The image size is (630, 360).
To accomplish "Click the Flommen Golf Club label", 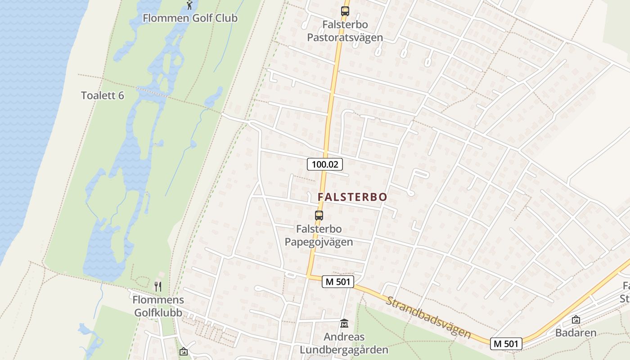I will pyautogui.click(x=190, y=18).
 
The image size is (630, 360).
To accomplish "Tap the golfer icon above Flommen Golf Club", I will pyautogui.click(x=190, y=5).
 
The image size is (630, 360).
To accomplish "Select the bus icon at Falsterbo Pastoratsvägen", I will pyautogui.click(x=345, y=11).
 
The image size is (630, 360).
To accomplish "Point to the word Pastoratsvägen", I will pyautogui.click(x=345, y=37).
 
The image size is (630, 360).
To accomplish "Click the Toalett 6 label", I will pyautogui.click(x=102, y=95).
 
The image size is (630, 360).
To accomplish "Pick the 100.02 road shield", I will pyautogui.click(x=325, y=164).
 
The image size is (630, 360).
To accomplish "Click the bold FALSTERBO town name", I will pyautogui.click(x=352, y=197).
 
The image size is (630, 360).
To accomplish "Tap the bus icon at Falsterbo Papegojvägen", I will pyautogui.click(x=319, y=215).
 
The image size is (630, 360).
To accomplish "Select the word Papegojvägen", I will pyautogui.click(x=319, y=242).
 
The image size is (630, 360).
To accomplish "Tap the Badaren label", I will pyautogui.click(x=576, y=333).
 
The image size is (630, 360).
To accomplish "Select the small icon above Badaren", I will pyautogui.click(x=576, y=319).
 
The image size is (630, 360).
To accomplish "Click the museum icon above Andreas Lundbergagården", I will pyautogui.click(x=344, y=323).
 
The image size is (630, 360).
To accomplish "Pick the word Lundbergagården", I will pyautogui.click(x=344, y=350).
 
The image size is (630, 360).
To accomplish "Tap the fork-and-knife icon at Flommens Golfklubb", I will pyautogui.click(x=158, y=286).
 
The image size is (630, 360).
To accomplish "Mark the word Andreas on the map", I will pyautogui.click(x=344, y=337).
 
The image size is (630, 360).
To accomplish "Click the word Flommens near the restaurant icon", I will pyautogui.click(x=158, y=300).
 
